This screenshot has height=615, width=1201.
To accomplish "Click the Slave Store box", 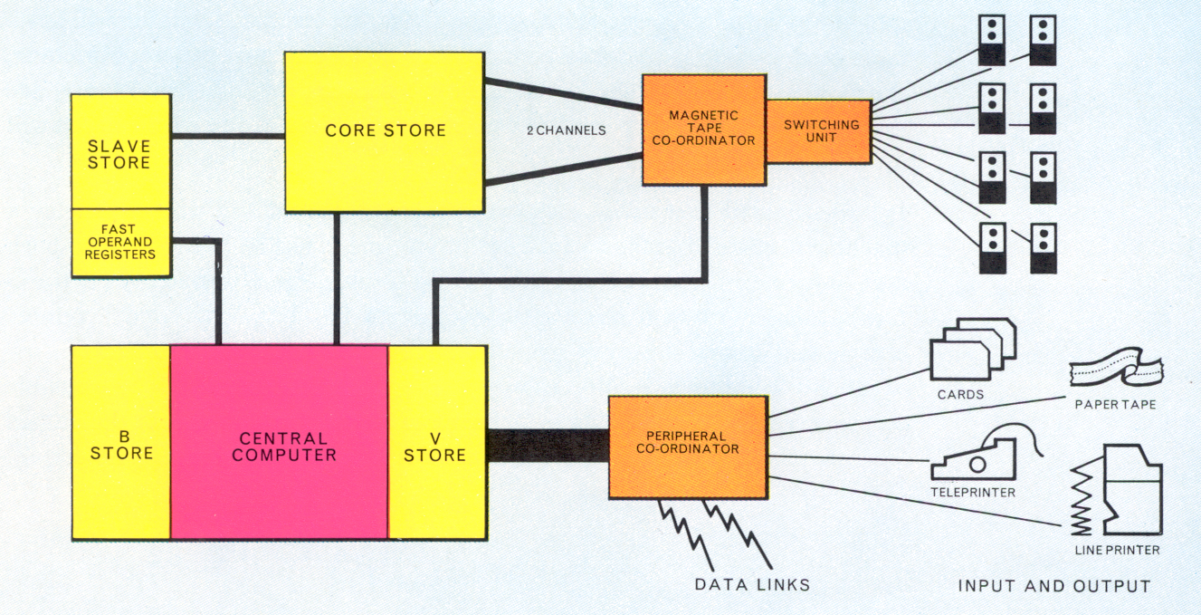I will pyautogui.click(x=120, y=151).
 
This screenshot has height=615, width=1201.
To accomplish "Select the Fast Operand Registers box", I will pyautogui.click(x=120, y=242).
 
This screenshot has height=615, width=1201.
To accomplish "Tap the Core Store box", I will pyautogui.click(x=385, y=130).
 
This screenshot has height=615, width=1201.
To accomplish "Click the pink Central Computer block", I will pyautogui.click(x=280, y=442).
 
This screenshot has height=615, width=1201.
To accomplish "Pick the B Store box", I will pyautogui.click(x=120, y=442).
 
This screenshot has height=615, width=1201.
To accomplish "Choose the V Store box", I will pyautogui.click(x=436, y=442).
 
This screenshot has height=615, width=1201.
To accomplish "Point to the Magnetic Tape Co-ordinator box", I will pyautogui.click(x=703, y=130).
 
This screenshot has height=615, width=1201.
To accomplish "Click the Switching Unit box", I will pyautogui.click(x=818, y=131).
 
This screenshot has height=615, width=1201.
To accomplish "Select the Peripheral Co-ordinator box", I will pyautogui.click(x=688, y=447).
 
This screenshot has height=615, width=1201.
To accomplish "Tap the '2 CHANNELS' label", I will pyautogui.click(x=566, y=130).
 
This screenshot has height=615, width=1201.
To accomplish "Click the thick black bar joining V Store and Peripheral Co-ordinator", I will pyautogui.click(x=547, y=446).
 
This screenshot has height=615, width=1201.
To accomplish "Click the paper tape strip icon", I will pyautogui.click(x=1115, y=370).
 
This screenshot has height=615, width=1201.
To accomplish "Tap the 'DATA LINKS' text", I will pyautogui.click(x=752, y=585).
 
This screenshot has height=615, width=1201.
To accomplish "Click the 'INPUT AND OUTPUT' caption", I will pyautogui.click(x=1053, y=587).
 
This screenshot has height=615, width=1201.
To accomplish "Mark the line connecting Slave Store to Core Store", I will pyautogui.click(x=227, y=137).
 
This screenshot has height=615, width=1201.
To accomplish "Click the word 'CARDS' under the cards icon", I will pyautogui.click(x=961, y=395).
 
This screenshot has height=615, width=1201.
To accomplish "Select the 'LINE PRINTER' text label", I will pyautogui.click(x=1117, y=550).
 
